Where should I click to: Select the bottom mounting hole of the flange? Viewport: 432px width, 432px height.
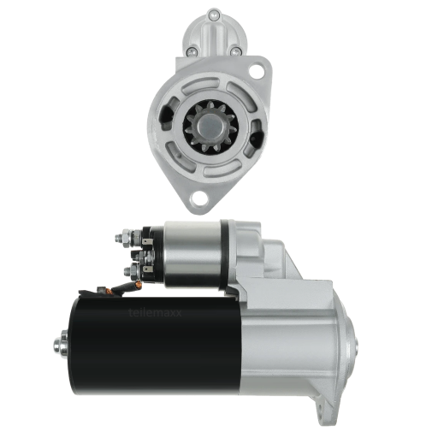200,199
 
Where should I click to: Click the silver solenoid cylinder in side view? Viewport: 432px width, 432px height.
193,252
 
